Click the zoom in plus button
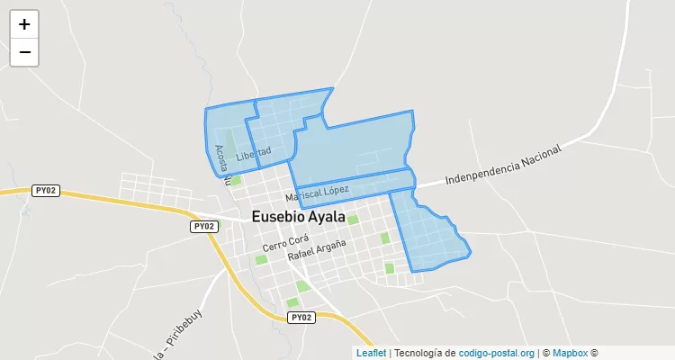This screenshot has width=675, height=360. [x=24, y=24]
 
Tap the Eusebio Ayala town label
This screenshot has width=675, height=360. [x=299, y=217]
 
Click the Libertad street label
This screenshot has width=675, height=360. [x=253, y=155]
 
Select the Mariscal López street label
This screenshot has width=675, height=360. [x=317, y=193]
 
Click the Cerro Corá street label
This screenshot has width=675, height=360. [x=286, y=242]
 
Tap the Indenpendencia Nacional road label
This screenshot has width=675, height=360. [x=503, y=164]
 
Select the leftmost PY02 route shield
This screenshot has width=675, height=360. [x=46, y=190]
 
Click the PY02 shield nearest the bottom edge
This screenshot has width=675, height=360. [x=301, y=318]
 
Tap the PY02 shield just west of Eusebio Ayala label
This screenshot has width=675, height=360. [x=203, y=226]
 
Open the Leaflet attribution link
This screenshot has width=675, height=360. [x=371, y=353]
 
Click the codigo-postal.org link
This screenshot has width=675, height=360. [x=497, y=353]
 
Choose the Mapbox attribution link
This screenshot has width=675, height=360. [x=570, y=353]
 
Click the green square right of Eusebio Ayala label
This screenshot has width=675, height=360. [x=353, y=220]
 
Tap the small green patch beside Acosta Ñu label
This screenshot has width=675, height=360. [x=236, y=180]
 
